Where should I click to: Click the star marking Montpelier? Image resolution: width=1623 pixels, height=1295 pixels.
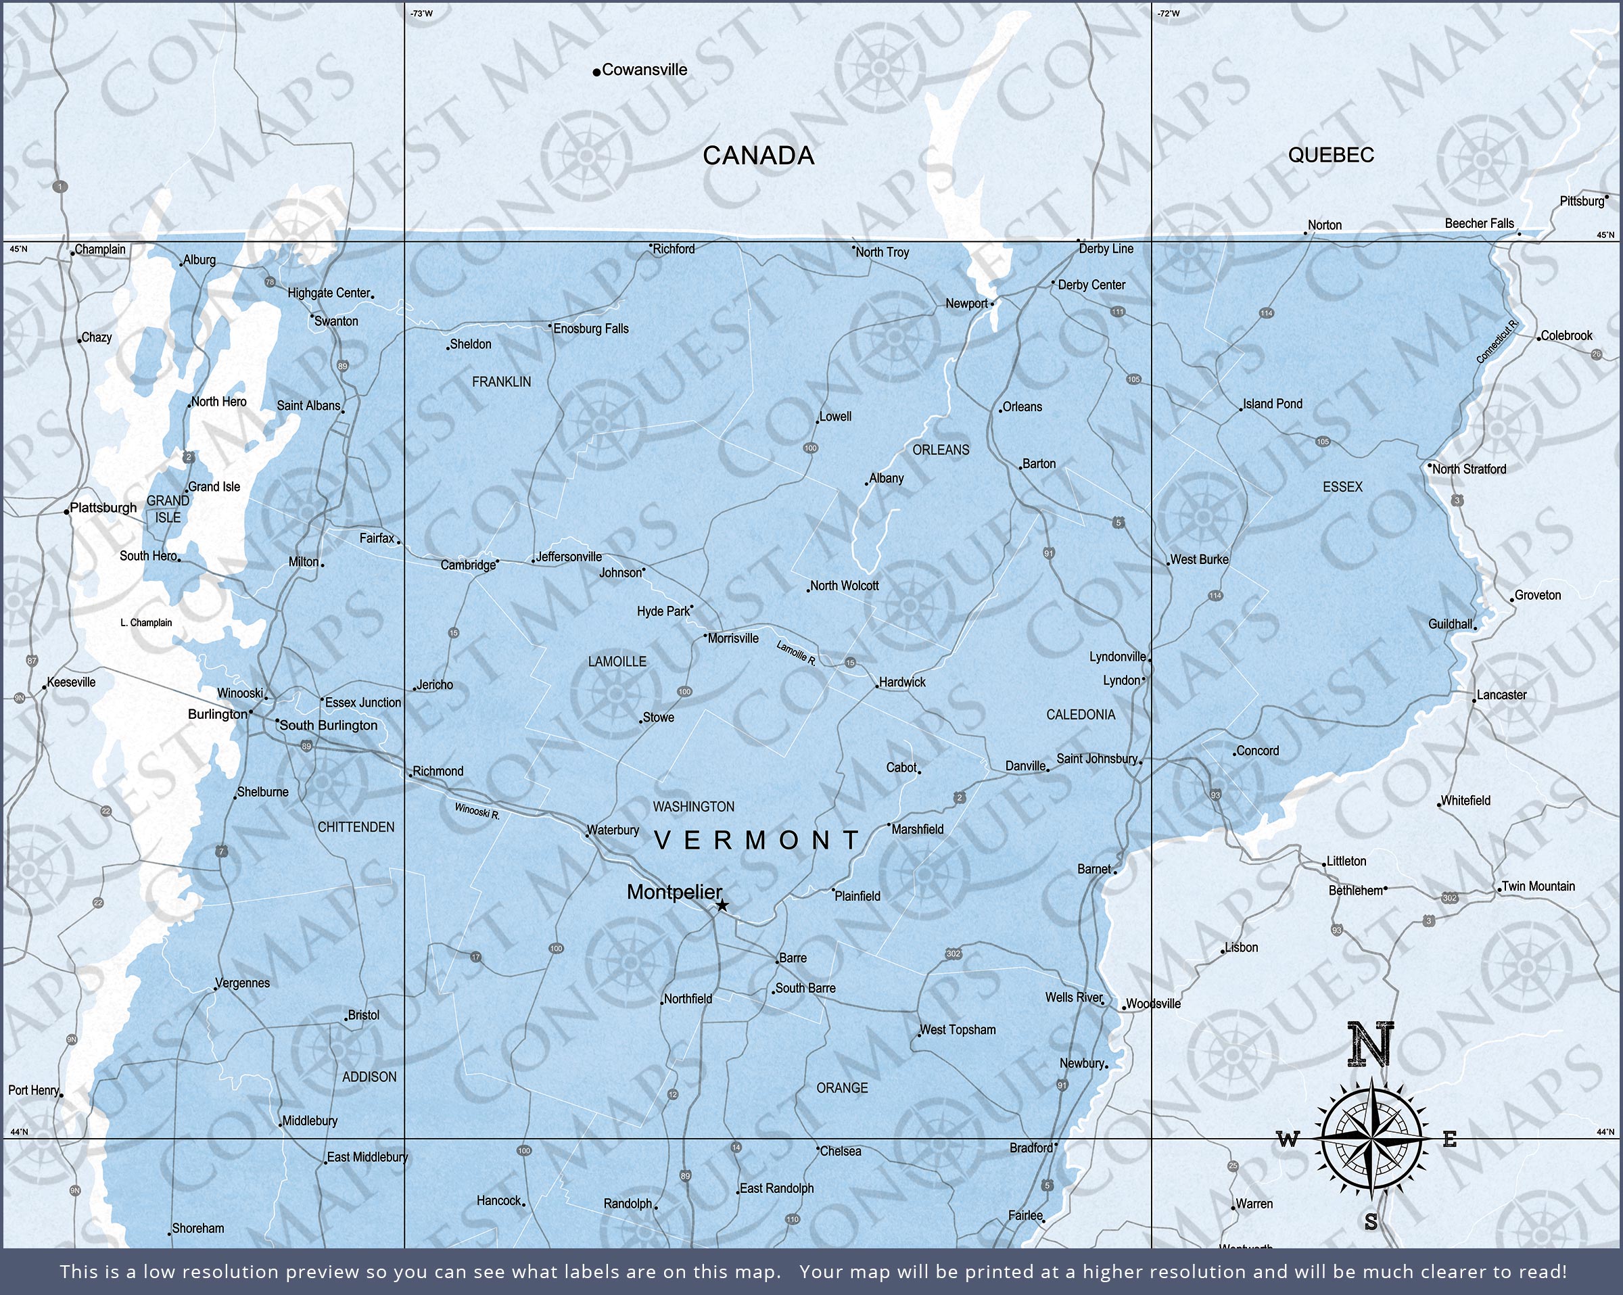(722, 905)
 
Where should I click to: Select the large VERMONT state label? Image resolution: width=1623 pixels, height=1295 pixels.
(757, 841)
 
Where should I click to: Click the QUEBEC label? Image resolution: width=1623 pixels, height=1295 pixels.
(1331, 155)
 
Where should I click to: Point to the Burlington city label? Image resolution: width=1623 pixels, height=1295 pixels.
(218, 713)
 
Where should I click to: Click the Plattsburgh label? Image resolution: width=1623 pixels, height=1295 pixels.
(103, 507)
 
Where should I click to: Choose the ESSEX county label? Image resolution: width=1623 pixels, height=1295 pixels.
(1342, 487)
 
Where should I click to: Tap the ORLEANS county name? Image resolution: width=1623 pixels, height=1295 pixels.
(940, 450)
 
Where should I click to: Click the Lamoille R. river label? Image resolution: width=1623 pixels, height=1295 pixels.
(796, 652)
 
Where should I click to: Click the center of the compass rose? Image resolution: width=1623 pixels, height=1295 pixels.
(1371, 1139)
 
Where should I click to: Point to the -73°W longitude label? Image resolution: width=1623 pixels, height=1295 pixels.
(421, 14)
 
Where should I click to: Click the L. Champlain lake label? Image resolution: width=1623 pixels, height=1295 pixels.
(146, 623)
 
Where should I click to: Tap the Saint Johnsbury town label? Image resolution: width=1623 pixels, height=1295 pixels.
(1096, 758)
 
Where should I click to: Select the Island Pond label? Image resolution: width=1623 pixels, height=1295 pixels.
(1272, 404)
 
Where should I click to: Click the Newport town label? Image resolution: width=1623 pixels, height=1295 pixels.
(966, 304)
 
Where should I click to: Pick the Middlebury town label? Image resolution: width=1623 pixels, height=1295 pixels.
(310, 1121)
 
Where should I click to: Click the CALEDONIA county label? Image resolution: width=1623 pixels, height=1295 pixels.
(1080, 715)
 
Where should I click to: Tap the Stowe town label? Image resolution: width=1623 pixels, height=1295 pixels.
(658, 717)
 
